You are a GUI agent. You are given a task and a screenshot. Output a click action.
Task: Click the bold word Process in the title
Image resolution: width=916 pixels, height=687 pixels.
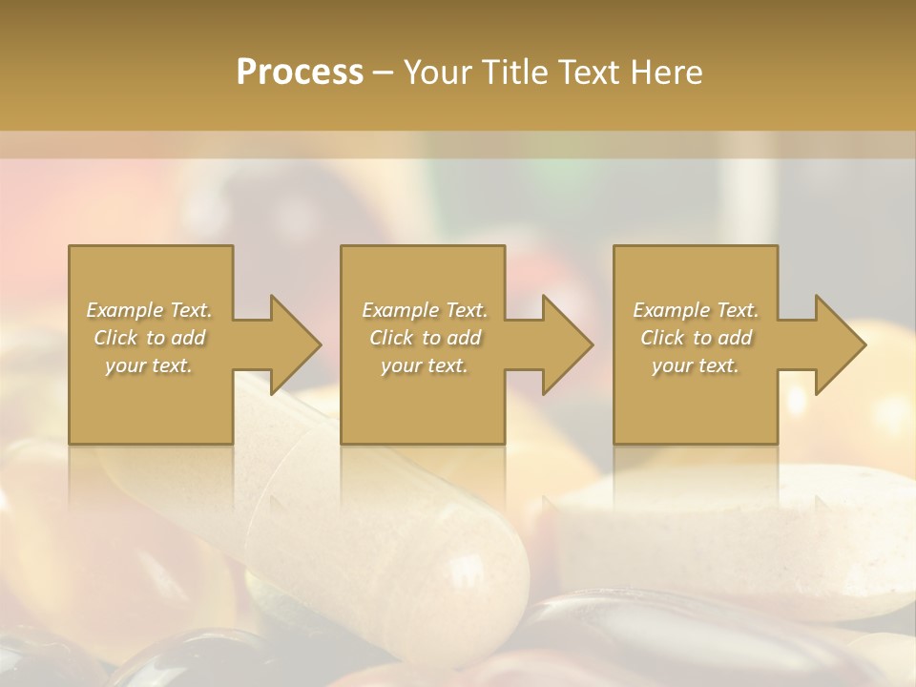(x=300, y=72)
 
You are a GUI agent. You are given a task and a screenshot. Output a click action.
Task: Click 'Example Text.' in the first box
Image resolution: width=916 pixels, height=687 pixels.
(x=149, y=310)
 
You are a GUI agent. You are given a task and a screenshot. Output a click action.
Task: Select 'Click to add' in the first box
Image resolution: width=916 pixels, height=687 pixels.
(x=149, y=338)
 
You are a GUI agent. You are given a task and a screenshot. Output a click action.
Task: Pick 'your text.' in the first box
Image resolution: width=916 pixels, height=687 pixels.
(x=149, y=365)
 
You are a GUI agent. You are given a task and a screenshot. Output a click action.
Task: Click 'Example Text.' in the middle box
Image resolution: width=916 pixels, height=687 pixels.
(x=424, y=310)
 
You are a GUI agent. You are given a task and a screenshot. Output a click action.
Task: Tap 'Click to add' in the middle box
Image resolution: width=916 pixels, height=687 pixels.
(x=424, y=338)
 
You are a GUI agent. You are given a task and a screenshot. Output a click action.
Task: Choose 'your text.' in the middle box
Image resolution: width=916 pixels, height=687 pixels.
(x=424, y=365)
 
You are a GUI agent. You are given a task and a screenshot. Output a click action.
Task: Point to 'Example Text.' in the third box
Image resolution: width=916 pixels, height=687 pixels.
(x=696, y=310)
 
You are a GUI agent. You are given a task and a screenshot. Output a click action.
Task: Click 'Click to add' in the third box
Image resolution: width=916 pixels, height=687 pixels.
(x=696, y=338)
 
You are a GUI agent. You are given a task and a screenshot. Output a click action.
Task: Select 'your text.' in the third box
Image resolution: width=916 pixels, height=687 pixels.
(x=696, y=365)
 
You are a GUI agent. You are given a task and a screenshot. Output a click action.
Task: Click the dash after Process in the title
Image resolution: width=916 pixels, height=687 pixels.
(x=384, y=73)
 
